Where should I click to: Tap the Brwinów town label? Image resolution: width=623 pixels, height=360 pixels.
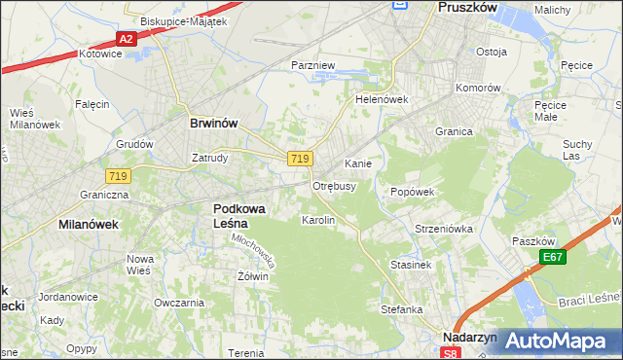tap(214, 124)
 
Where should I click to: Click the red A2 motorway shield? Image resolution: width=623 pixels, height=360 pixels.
tap(126, 39)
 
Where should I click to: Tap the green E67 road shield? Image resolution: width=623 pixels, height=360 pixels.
tap(554, 257)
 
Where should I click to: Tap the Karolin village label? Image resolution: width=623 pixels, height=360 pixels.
tap(318, 221)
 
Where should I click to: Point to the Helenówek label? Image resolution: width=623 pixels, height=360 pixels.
tap(381, 99)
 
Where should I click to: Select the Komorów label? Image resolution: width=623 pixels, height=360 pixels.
tap(479, 88)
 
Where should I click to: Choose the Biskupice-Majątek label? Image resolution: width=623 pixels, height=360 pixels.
tap(183, 20)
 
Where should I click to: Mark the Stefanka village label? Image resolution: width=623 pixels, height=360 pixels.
tap(401, 309)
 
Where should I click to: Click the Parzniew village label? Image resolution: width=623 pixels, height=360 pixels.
tap(313, 65)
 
